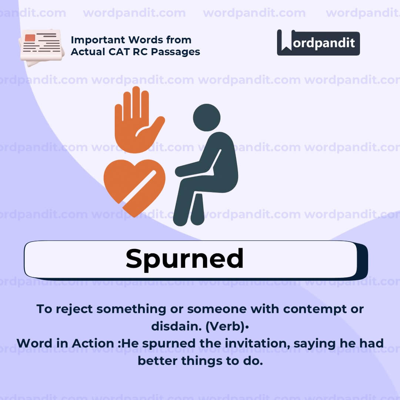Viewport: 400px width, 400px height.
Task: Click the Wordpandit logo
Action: [318, 43]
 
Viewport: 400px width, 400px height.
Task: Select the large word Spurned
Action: [184, 259]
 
